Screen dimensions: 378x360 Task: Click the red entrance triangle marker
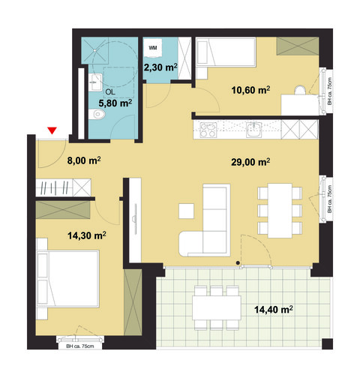coord(51,132)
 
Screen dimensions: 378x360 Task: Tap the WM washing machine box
coord(154,47)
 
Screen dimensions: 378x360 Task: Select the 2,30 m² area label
coord(160,68)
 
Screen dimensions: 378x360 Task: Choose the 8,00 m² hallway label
coord(84,160)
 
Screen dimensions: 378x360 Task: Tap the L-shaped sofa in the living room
coord(206,225)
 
